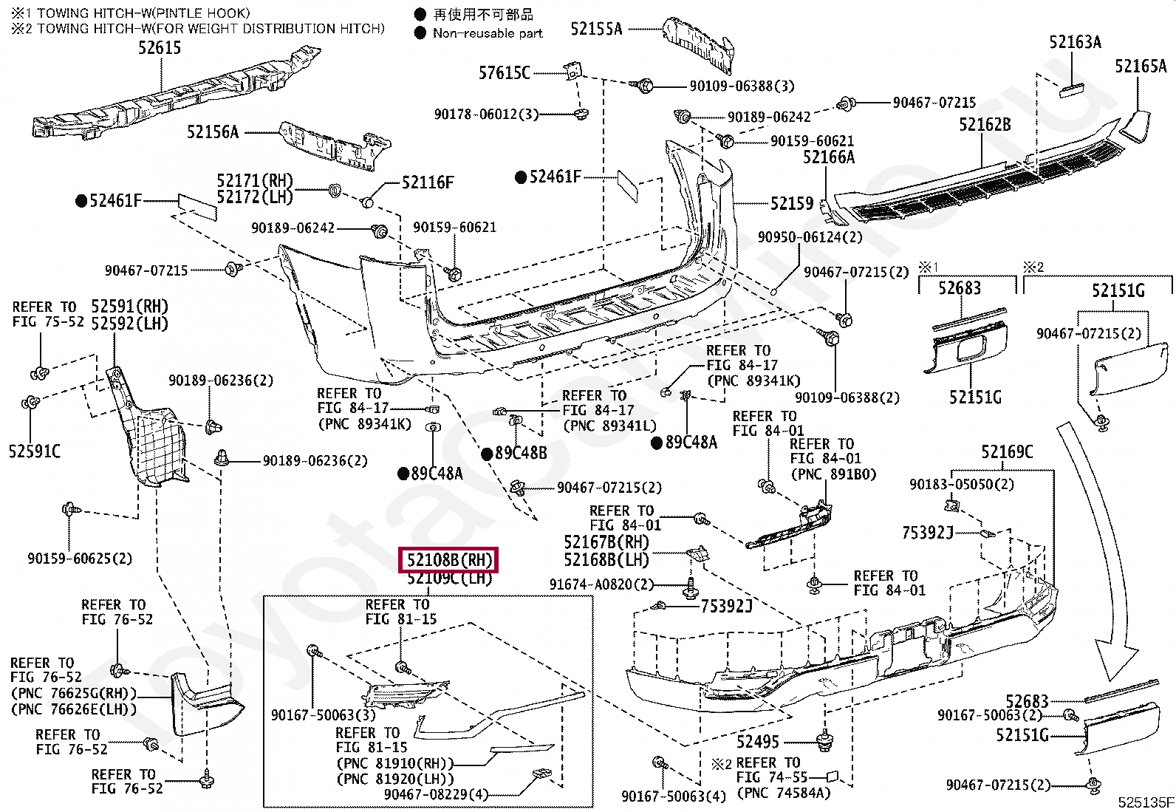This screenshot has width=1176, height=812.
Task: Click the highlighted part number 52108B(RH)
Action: pyautogui.click(x=449, y=560)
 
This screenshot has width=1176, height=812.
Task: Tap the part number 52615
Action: pyautogui.click(x=160, y=48)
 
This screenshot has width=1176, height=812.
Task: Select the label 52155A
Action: pyautogui.click(x=596, y=29)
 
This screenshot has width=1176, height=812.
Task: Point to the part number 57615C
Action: pyautogui.click(x=504, y=72)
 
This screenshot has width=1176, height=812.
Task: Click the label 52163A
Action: pyautogui.click(x=1075, y=42)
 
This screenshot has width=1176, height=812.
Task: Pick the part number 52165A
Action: pyautogui.click(x=1141, y=66)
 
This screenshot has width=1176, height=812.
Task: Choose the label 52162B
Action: pyautogui.click(x=985, y=125)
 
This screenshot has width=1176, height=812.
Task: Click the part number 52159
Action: pyautogui.click(x=792, y=203)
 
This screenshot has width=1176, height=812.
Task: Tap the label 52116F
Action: pyautogui.click(x=428, y=182)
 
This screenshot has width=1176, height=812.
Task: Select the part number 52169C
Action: pyautogui.click(x=1007, y=452)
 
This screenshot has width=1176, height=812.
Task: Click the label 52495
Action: pyautogui.click(x=757, y=741)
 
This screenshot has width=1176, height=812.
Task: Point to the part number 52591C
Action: pyautogui.click(x=35, y=451)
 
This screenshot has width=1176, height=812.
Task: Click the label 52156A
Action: pyautogui.click(x=213, y=132)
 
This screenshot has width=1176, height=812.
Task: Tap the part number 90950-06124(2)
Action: pyautogui.click(x=810, y=237)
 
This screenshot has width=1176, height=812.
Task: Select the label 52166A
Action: pyautogui.click(x=828, y=157)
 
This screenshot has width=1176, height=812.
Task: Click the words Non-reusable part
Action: pyautogui.click(x=488, y=33)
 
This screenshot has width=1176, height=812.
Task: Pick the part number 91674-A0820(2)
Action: pyautogui.click(x=601, y=584)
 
